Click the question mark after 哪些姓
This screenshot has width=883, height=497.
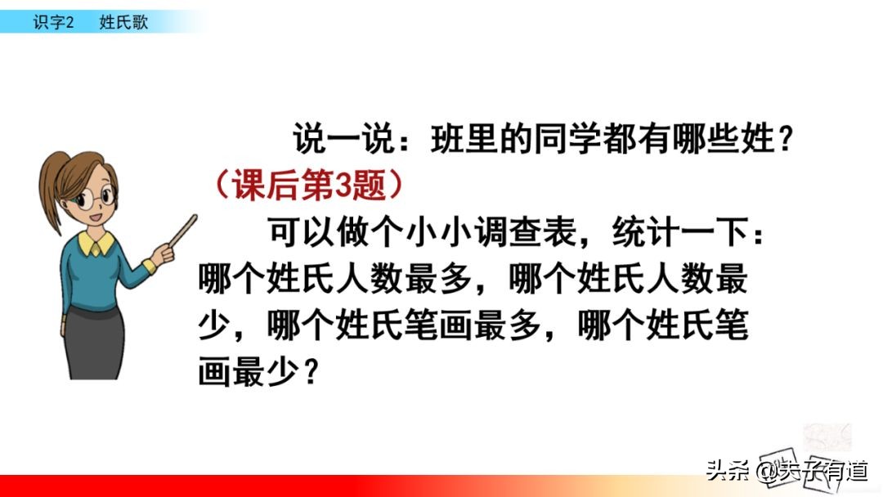[785, 141]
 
